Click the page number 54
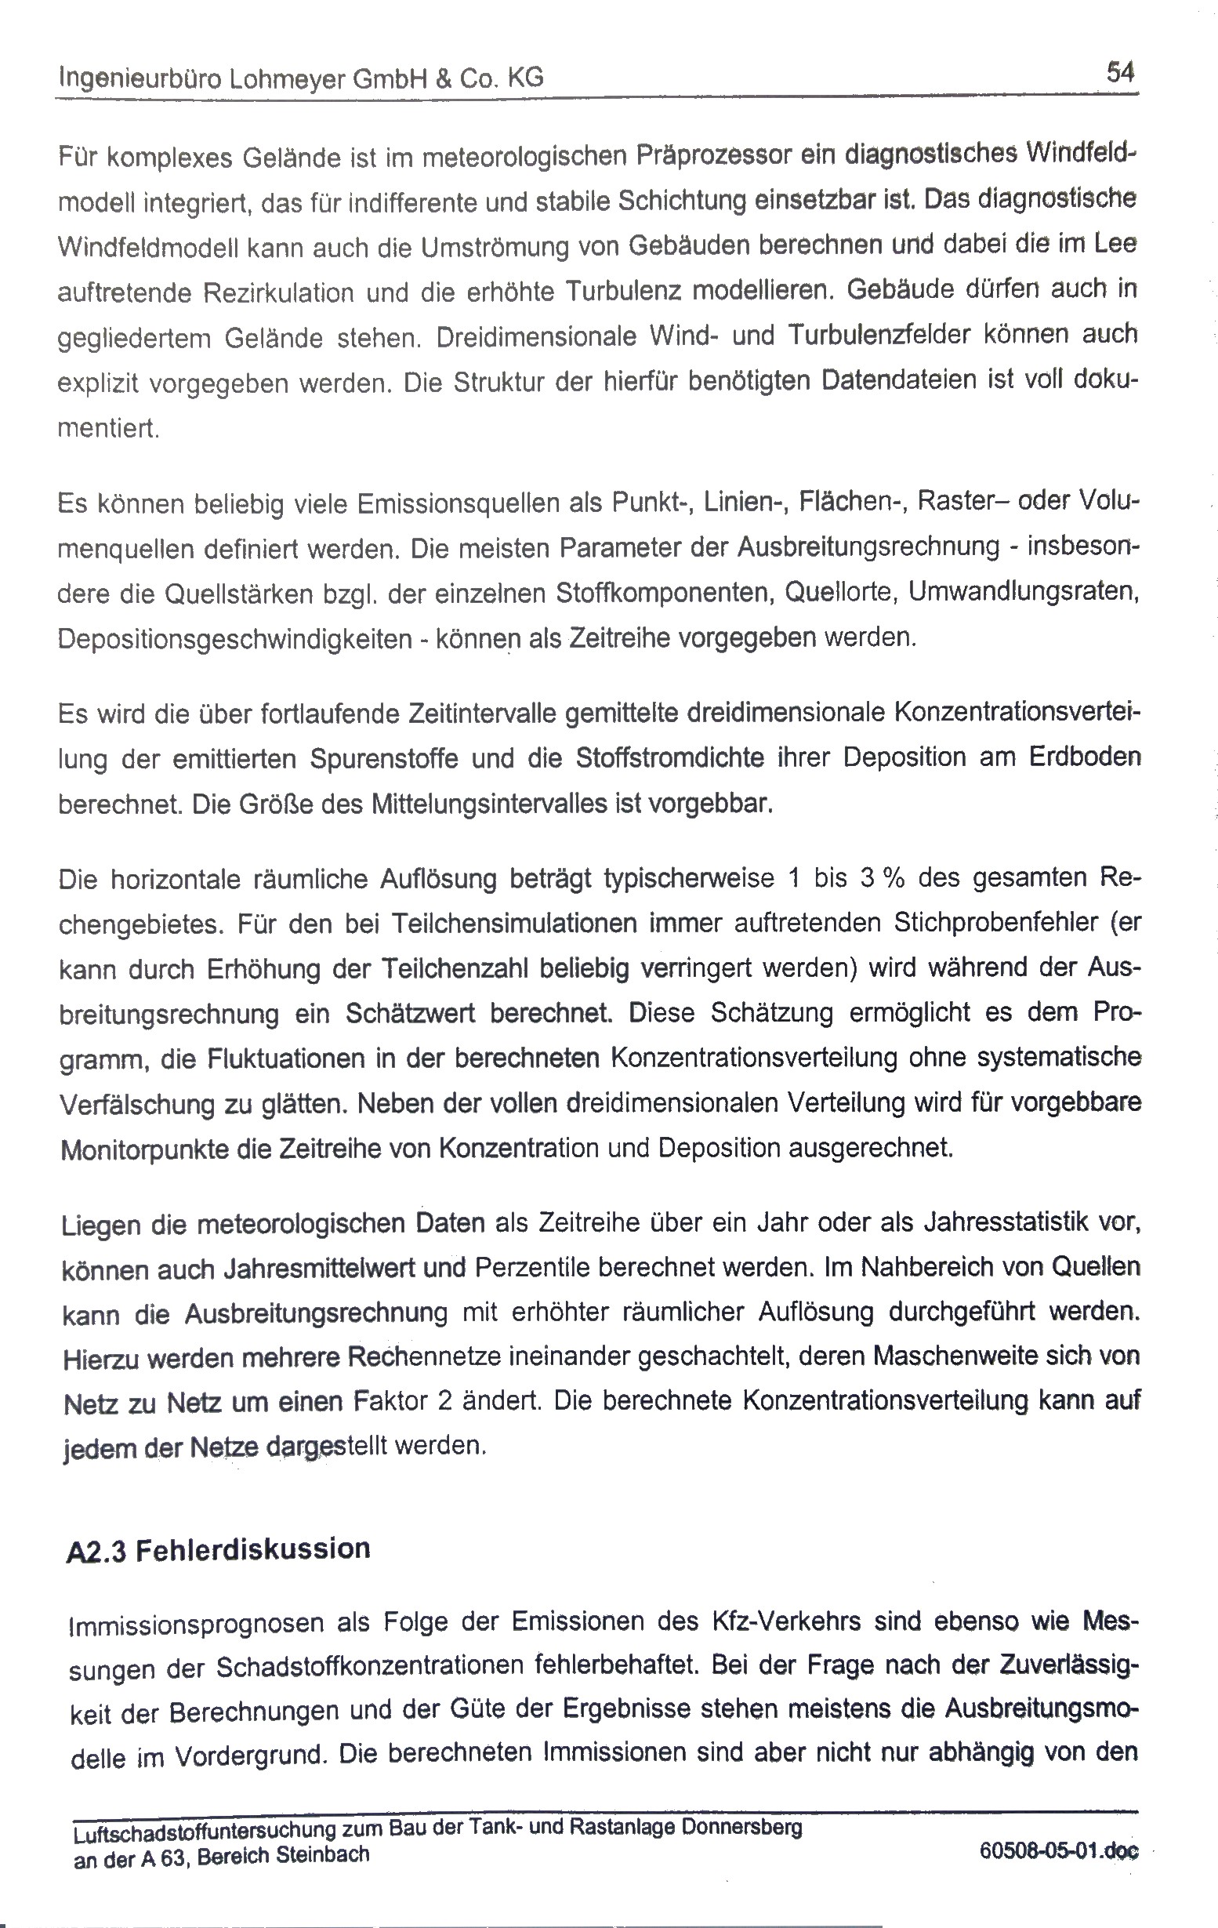pyautogui.click(x=1119, y=74)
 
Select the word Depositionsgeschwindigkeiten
pyautogui.click(x=234, y=639)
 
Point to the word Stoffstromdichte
pyautogui.click(x=670, y=757)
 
